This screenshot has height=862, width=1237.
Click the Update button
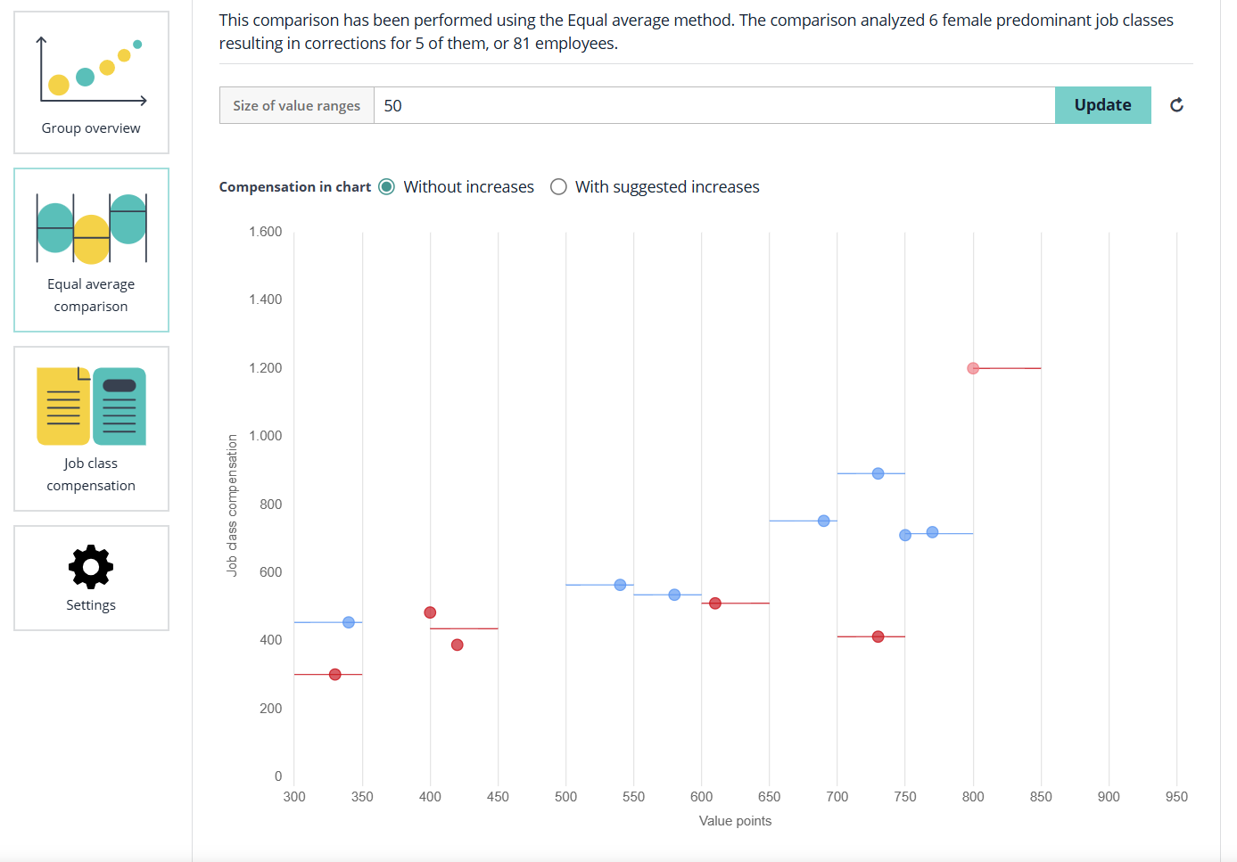1102,105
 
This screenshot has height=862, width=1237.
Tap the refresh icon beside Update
1176,105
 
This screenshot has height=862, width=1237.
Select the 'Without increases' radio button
386,187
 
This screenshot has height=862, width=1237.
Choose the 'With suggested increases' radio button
558,187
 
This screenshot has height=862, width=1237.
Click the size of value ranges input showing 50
713,105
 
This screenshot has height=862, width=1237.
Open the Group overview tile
91,83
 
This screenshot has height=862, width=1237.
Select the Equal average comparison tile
91,250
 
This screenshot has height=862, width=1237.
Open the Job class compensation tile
91,429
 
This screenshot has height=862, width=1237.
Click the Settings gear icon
91,567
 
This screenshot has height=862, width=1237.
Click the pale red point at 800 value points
973,368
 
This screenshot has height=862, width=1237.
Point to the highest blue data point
878,473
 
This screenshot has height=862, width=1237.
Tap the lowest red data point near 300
334,675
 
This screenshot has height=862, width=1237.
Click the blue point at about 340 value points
349,622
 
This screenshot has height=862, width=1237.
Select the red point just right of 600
714,603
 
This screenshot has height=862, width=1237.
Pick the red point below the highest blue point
878,636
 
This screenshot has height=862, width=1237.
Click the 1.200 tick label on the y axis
265,368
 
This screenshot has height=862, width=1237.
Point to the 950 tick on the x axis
1176,797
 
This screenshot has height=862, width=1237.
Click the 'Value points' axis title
735,821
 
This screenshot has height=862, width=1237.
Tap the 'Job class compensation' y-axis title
233,505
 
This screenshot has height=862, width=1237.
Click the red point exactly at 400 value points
430,612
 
